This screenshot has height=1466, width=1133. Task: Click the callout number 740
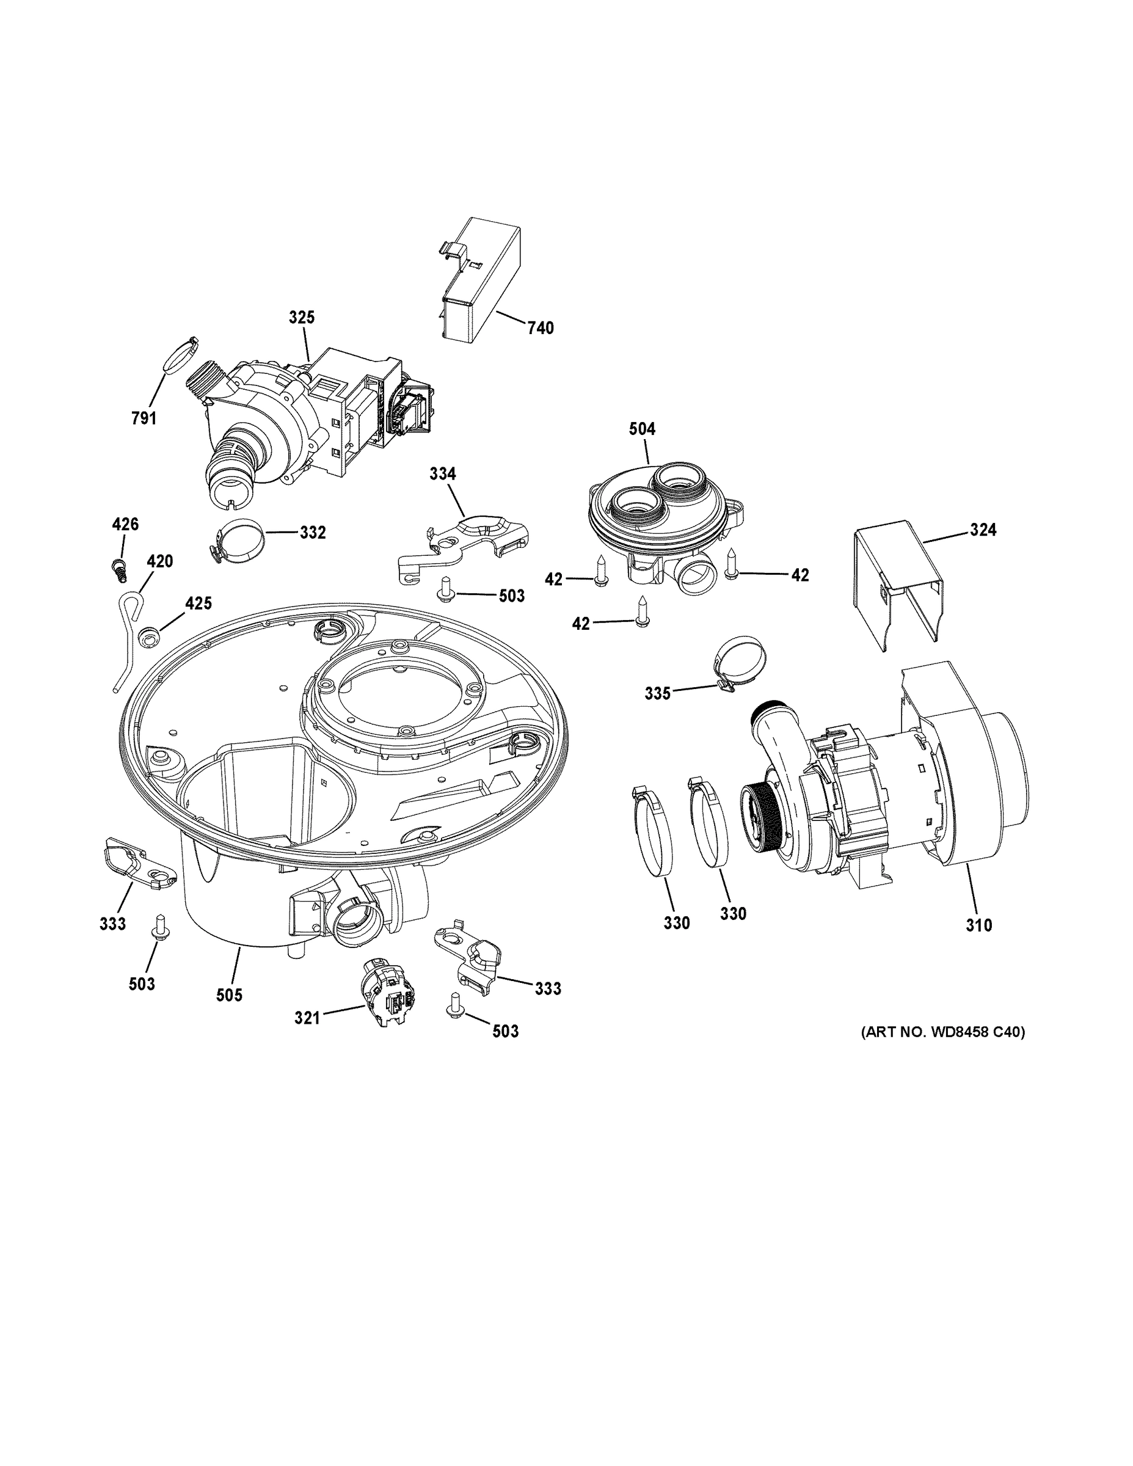click(x=541, y=328)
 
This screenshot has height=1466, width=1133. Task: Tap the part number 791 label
click(x=144, y=418)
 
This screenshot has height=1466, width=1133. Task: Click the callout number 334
click(x=442, y=474)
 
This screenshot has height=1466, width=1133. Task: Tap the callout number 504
click(x=642, y=428)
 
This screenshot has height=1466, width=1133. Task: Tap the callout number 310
click(x=978, y=925)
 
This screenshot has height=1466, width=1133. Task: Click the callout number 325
click(x=301, y=318)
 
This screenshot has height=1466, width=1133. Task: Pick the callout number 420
click(x=160, y=561)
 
